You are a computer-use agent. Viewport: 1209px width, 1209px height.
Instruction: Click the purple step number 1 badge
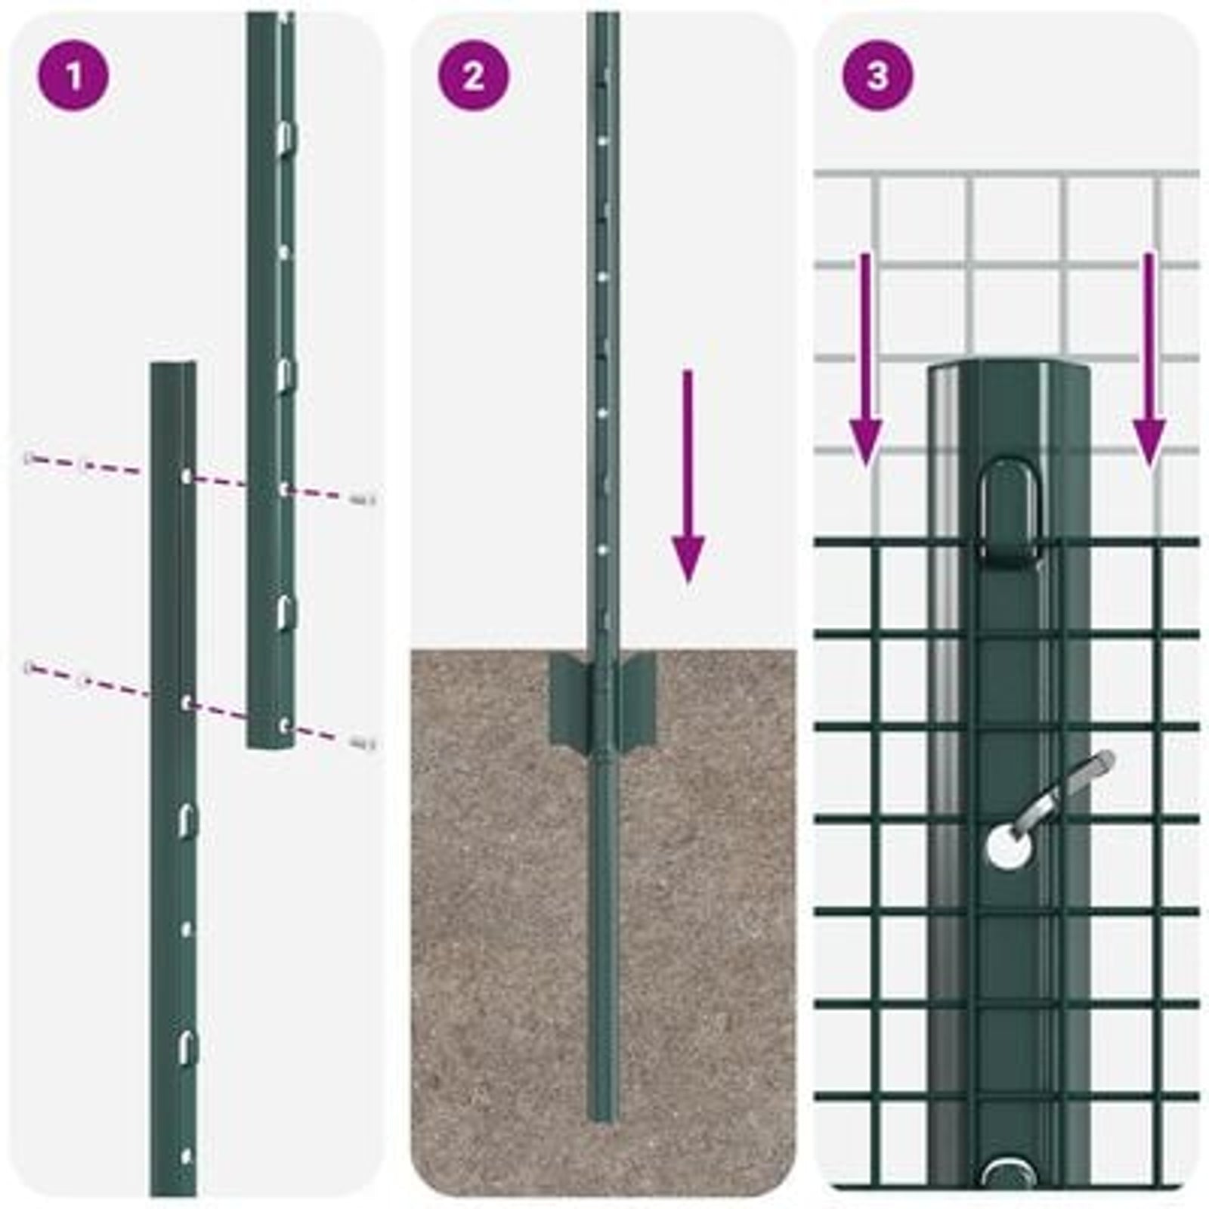coord(73,76)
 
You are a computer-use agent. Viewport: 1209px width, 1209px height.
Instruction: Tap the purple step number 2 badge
coord(474,76)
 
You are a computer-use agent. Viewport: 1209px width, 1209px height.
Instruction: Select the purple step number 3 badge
coord(877,76)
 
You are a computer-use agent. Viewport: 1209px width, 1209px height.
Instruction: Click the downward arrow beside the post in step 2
coord(688,476)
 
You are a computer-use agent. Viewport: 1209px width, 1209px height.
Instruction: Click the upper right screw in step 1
coord(363,499)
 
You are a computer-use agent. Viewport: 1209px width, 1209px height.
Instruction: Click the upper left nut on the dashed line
coord(30,458)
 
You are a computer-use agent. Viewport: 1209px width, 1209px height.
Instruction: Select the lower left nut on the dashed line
coord(30,666)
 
